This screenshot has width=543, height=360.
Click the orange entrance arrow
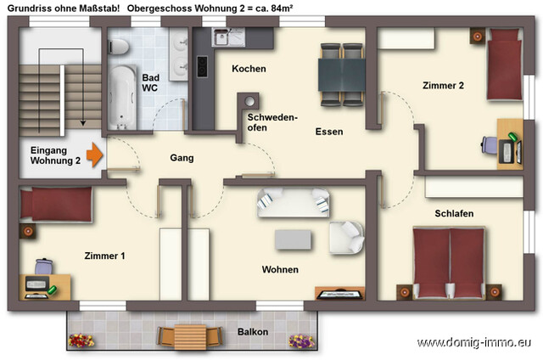pos(95,155)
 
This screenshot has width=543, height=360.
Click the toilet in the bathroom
pos(120,46)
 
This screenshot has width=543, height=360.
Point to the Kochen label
pos(249,69)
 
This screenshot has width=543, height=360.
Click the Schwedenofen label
pos(271,122)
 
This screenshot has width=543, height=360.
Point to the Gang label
pos(182,158)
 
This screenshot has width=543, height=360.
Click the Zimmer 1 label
pos(104,255)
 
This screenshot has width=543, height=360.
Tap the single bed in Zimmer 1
pos(55,205)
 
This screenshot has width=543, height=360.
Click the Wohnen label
pos(279,270)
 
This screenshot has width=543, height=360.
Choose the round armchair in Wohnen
pos(347,236)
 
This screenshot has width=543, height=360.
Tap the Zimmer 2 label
pos(443,85)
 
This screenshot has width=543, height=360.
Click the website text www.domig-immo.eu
pos(474,343)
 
